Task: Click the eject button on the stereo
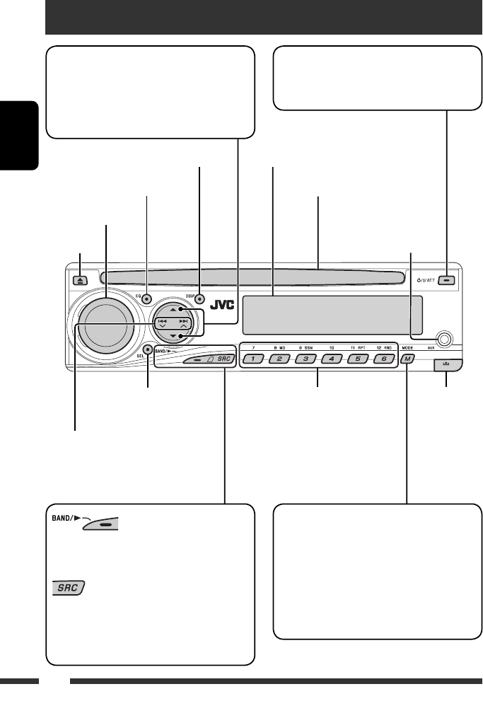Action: [x=81, y=279]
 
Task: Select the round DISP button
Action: [x=200, y=299]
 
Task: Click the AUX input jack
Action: [x=443, y=338]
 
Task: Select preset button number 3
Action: [x=306, y=359]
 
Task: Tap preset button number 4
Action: [x=331, y=359]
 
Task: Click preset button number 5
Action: [x=357, y=359]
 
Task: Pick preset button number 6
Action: [x=383, y=359]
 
